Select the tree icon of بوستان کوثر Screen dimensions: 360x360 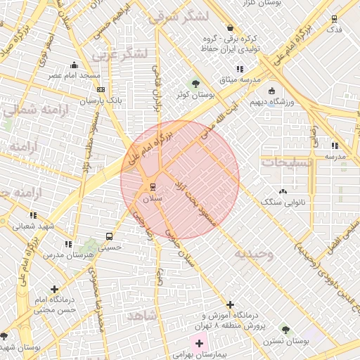pos(195,84)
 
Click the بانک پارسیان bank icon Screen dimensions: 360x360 pos(102,90)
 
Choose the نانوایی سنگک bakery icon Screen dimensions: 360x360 pos(283,191)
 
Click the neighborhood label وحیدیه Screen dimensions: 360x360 pos(254,253)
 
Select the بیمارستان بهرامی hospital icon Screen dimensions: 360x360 pos(199,344)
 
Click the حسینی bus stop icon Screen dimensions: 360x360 pos(108,236)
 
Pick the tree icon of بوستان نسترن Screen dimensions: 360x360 pos(285,329)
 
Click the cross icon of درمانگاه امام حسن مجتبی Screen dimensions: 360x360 pos(55,289)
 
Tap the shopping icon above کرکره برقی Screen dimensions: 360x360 pos(231,27)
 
